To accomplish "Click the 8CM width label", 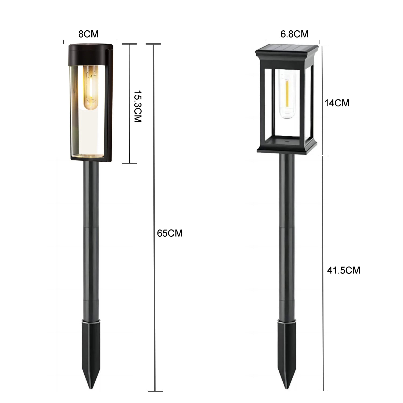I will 88,34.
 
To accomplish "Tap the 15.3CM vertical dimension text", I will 138,107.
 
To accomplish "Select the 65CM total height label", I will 170,233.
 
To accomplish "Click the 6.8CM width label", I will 294,34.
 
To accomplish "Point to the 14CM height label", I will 337,103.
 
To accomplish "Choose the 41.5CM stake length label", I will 343,270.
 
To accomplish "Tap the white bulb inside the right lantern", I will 287,94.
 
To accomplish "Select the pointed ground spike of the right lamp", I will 287,349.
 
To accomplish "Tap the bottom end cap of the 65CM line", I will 155,391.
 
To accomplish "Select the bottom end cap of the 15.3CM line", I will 129,163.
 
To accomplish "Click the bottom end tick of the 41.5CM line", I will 323,390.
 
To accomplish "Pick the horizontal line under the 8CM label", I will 90,42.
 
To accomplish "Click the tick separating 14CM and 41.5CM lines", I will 323,155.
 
